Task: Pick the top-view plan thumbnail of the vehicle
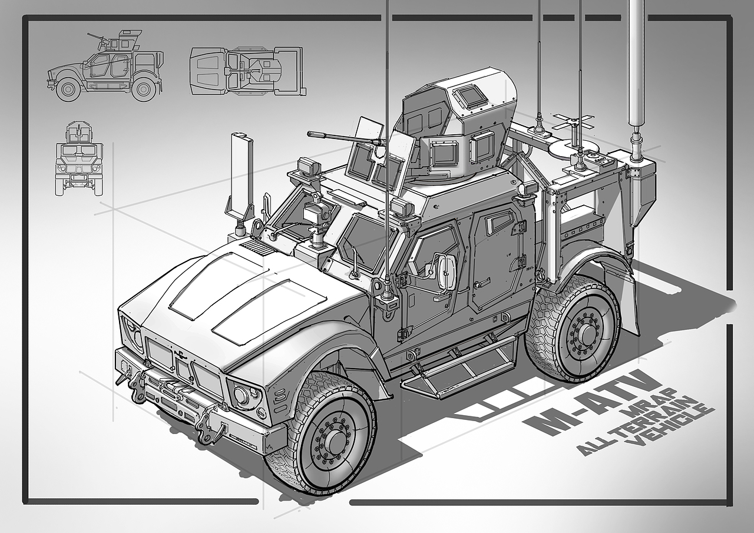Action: [x=249, y=71]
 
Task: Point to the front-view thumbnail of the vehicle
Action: [x=80, y=159]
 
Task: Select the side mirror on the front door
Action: [x=446, y=269]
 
